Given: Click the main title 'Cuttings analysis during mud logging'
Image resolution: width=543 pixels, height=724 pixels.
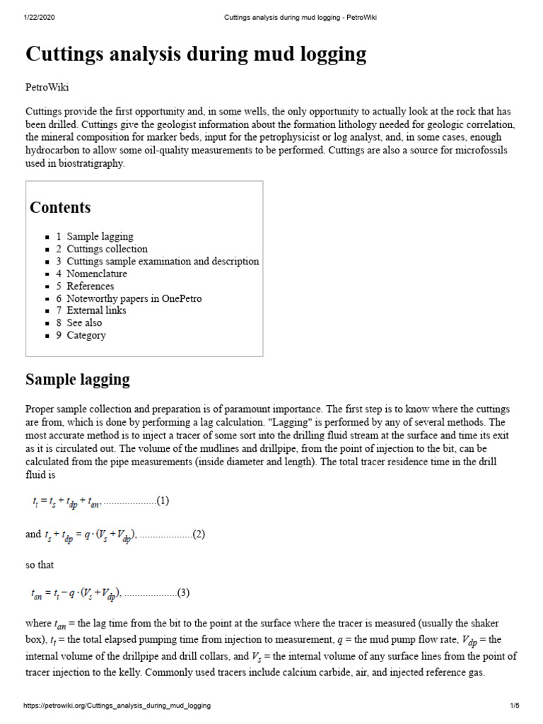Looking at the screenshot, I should tap(196, 54).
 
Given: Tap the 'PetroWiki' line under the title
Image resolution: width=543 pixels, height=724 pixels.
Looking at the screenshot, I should tap(47, 88).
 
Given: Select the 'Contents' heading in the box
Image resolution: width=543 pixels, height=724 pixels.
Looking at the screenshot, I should tap(60, 208).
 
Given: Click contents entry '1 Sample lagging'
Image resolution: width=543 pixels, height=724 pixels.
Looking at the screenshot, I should tap(100, 237).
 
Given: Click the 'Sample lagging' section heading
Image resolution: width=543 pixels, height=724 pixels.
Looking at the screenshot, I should tap(78, 380).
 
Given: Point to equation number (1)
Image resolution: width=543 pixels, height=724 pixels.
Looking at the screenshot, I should tap(163, 501).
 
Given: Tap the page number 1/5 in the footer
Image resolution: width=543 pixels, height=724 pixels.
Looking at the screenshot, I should tap(514, 706).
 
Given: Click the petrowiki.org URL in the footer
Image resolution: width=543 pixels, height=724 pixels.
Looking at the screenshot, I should tap(117, 706).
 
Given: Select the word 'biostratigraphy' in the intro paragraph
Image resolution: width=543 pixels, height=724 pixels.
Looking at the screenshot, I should tap(88, 163).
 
